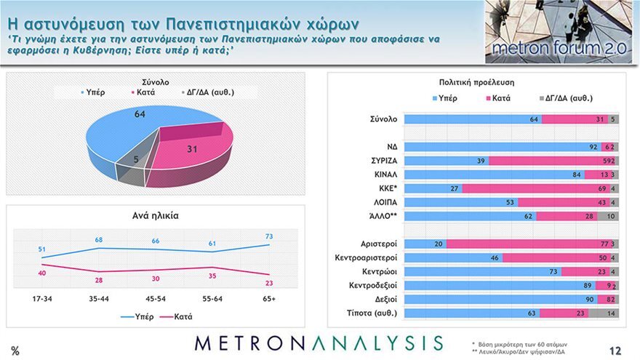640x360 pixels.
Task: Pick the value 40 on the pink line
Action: click(42, 273)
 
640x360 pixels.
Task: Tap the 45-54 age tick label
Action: click(156, 298)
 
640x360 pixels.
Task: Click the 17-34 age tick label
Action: click(42, 298)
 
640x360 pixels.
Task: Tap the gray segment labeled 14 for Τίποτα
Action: click(604, 313)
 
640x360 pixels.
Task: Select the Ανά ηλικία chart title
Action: click(155, 216)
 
